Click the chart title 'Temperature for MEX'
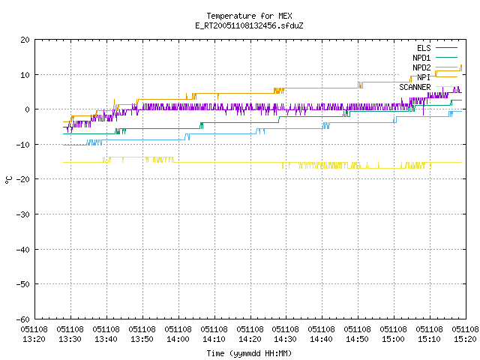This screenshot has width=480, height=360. [249, 16]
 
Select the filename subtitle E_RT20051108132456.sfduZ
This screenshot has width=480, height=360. [249, 25]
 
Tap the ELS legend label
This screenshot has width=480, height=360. [424, 48]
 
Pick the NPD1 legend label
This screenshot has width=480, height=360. [421, 58]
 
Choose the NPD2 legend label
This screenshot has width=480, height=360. [421, 67]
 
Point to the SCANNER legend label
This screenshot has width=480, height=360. [415, 87]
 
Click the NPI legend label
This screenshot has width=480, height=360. [424, 77]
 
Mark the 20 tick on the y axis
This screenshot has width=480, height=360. [25, 40]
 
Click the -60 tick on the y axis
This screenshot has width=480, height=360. [23, 319]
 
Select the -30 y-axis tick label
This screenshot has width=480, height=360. [23, 214]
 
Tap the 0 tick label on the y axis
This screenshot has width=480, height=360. [28, 109]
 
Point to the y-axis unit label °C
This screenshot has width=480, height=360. [8, 180]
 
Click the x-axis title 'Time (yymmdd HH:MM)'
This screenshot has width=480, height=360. [249, 353]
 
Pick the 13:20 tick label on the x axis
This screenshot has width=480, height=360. [34, 334]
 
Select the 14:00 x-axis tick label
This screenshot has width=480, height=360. [178, 334]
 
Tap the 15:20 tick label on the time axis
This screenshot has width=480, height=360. [465, 334]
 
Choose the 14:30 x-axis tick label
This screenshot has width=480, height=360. [286, 334]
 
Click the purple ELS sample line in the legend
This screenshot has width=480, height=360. [447, 48]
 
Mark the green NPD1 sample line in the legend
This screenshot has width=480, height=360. [447, 57]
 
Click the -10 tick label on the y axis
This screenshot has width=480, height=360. [23, 145]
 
